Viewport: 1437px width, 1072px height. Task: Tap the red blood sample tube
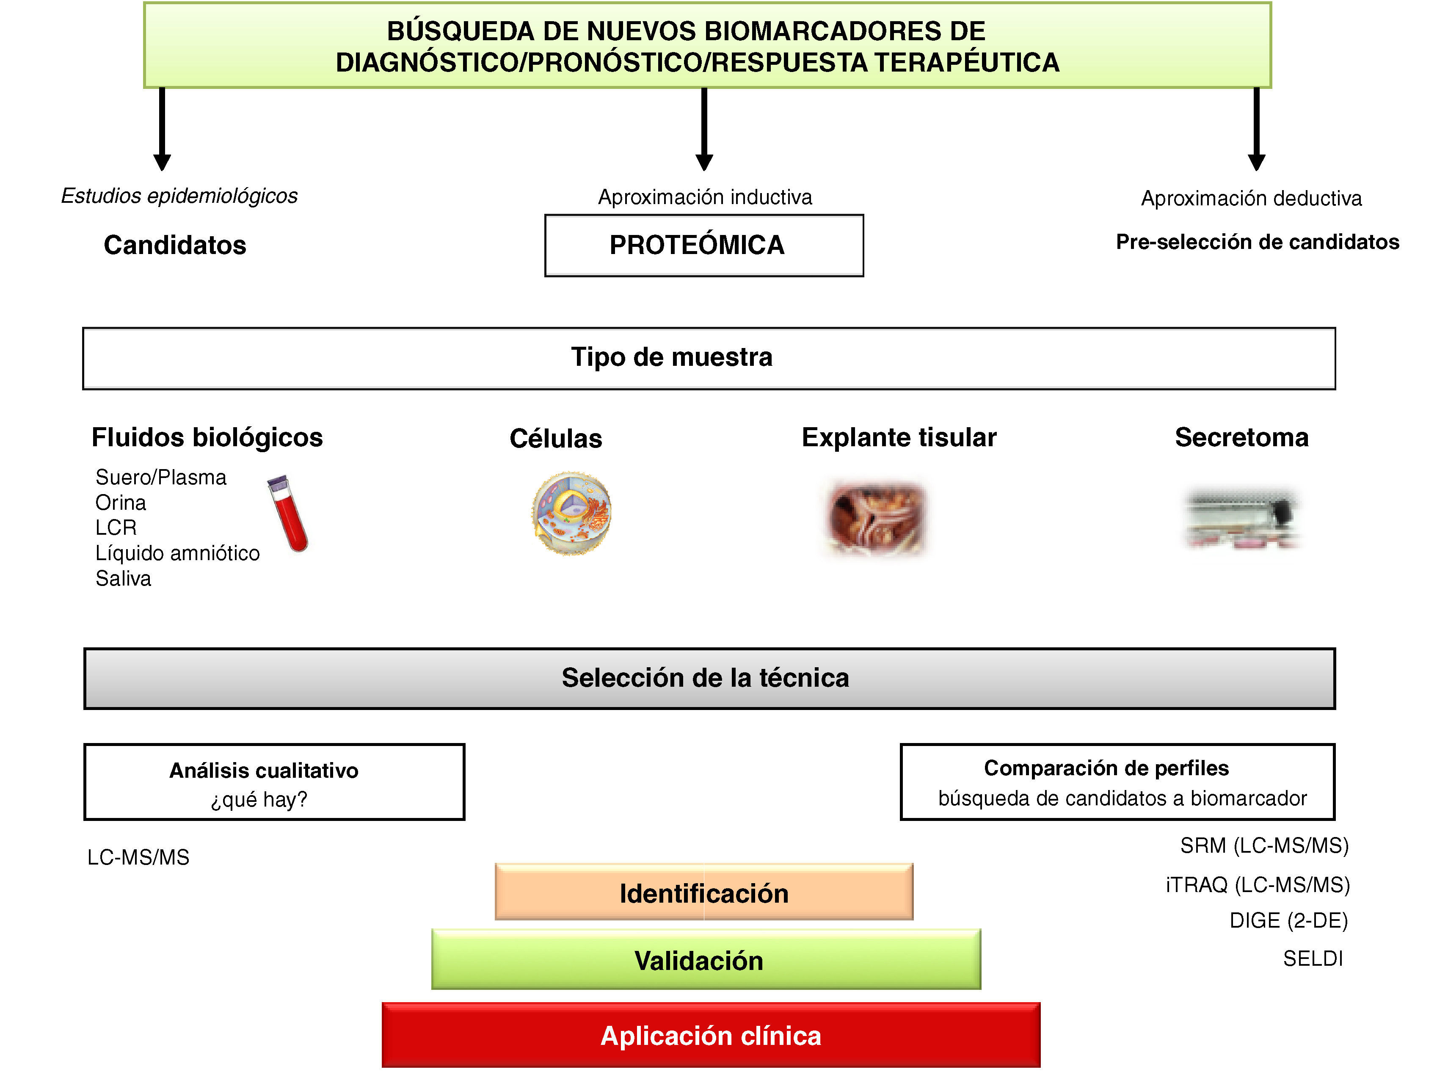coord(288,514)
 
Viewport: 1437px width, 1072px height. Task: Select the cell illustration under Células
coord(571,513)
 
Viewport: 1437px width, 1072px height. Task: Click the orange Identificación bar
coord(704,892)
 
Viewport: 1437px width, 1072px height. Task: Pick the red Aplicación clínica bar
coord(711,1035)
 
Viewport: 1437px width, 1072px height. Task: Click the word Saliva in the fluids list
coord(123,578)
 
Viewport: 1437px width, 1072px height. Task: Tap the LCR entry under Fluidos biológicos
coord(116,528)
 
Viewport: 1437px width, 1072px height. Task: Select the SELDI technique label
coord(1313,959)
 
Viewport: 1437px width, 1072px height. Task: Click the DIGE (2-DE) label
coord(1288,920)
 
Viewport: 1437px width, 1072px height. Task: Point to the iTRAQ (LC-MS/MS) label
coord(1257,884)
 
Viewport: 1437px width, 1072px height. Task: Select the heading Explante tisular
coord(899,437)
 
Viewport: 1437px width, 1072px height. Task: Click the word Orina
coord(121,502)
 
